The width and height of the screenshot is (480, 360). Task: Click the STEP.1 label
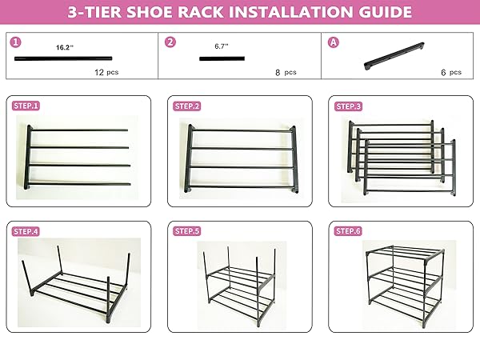coord(26,106)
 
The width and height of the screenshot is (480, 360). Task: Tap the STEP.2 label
coord(187,106)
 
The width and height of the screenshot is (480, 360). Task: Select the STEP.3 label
coord(348,106)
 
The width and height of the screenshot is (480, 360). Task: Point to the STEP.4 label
coord(26,231)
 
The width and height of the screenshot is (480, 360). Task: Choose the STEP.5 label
coord(187,231)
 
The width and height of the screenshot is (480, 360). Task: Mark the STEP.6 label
coord(348,231)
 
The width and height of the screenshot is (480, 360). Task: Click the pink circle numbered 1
coord(16,42)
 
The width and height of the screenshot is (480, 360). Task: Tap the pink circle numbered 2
coord(170,42)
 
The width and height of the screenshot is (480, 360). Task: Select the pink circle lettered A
coord(334,42)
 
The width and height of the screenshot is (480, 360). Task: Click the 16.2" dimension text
coord(65,47)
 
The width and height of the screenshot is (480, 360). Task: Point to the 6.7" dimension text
coord(222,46)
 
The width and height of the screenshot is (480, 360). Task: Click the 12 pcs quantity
coord(106,72)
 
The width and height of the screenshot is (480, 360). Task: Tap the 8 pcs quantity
coord(286,72)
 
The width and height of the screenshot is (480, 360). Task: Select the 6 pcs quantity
coord(451,72)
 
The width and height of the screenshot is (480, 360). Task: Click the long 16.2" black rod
coord(63,58)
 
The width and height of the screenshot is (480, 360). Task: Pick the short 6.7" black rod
coord(222,58)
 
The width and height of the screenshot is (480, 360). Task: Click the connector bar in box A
coord(394,56)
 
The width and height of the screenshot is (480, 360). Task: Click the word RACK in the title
coord(201,12)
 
